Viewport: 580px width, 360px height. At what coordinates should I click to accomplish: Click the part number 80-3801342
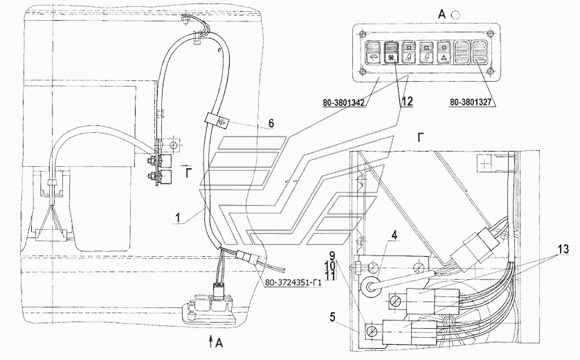pyautogui.click(x=343, y=103)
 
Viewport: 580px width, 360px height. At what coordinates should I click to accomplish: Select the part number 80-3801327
pyautogui.click(x=471, y=102)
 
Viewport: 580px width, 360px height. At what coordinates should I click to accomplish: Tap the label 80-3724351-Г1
pyautogui.click(x=292, y=283)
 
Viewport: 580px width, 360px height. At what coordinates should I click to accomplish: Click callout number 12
pyautogui.click(x=406, y=102)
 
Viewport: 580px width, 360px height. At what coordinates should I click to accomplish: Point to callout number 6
pyautogui.click(x=271, y=123)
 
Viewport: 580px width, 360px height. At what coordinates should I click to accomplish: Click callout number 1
pyautogui.click(x=179, y=217)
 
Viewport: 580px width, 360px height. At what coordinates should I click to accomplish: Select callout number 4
pyautogui.click(x=395, y=235)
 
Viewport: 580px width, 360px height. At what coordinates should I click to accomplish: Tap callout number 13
pyautogui.click(x=563, y=250)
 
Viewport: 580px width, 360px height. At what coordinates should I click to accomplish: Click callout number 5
pyautogui.click(x=332, y=317)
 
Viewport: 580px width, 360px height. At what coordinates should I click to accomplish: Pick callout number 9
pyautogui.click(x=332, y=256)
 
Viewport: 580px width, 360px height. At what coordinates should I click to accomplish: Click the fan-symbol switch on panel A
pyautogui.click(x=390, y=53)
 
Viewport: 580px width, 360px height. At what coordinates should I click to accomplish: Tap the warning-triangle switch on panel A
pyautogui.click(x=443, y=53)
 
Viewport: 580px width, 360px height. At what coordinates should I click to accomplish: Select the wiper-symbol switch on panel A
pyautogui.click(x=372, y=53)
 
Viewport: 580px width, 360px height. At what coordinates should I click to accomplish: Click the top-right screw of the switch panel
pyautogui.click(x=491, y=35)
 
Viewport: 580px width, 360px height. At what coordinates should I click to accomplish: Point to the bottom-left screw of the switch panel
pyautogui.click(x=363, y=71)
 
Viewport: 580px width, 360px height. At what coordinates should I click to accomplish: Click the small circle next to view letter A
pyautogui.click(x=455, y=15)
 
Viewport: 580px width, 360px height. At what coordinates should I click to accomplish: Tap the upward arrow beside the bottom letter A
pyautogui.click(x=211, y=342)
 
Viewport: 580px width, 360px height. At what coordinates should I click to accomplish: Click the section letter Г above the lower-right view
pyautogui.click(x=421, y=138)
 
